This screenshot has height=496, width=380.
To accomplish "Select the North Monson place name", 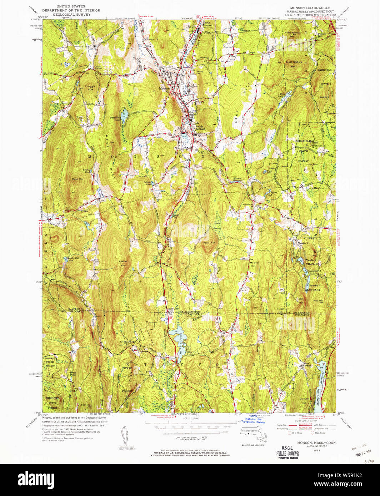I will point(207,24).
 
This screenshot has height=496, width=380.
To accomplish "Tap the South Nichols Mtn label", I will point(293,64).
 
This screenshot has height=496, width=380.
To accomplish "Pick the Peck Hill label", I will point(209,243).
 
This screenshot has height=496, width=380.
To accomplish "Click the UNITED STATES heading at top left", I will point(71,6).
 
